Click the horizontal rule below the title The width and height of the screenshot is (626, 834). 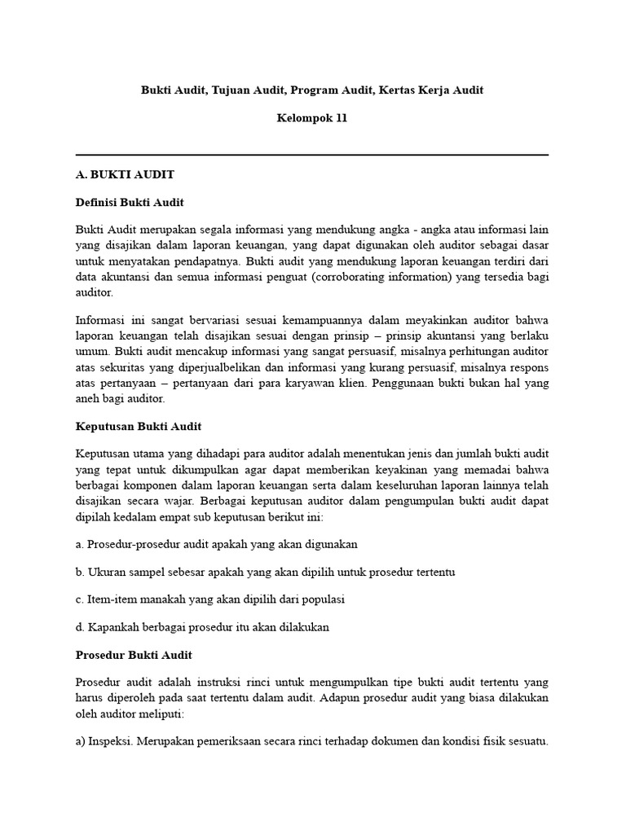pyautogui.click(x=312, y=155)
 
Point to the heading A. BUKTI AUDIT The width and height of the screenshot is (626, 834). pyautogui.click(x=125, y=174)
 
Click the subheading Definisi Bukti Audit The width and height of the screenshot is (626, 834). pyautogui.click(x=130, y=202)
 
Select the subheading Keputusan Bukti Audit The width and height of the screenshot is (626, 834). pyautogui.click(x=138, y=426)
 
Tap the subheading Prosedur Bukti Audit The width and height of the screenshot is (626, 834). pyautogui.click(x=134, y=655)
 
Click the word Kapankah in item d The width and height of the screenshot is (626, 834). pyautogui.click(x=112, y=627)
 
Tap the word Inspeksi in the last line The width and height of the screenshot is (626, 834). pyautogui.click(x=117, y=742)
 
